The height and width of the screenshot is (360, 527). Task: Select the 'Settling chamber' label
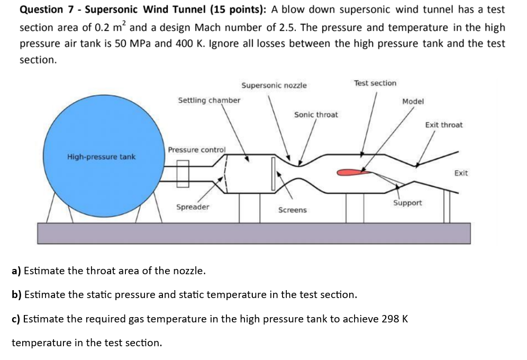pyautogui.click(x=209, y=100)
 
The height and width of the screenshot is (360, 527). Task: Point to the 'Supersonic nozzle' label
pyautogui.click(x=274, y=85)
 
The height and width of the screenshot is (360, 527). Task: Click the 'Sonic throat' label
pyautogui.click(x=316, y=114)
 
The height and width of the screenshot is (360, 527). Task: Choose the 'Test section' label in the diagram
pyautogui.click(x=375, y=83)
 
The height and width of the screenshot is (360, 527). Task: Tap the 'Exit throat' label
pyautogui.click(x=443, y=125)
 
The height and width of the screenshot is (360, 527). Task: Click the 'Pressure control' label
pyautogui.click(x=196, y=150)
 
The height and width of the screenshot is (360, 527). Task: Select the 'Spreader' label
pyautogui.click(x=193, y=207)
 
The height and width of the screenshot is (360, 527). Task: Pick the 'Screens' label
pyautogui.click(x=292, y=210)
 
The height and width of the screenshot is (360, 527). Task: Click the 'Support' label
pyautogui.click(x=407, y=203)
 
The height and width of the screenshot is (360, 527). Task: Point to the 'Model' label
pyautogui.click(x=413, y=101)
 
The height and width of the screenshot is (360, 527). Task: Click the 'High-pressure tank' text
pyautogui.click(x=101, y=157)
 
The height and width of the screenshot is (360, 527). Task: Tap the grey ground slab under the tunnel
pyautogui.click(x=254, y=233)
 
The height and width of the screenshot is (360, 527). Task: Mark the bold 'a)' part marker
pyautogui.click(x=16, y=271)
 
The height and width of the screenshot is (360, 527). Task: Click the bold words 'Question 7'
pyautogui.click(x=42, y=10)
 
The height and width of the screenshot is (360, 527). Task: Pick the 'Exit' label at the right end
pyautogui.click(x=460, y=173)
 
